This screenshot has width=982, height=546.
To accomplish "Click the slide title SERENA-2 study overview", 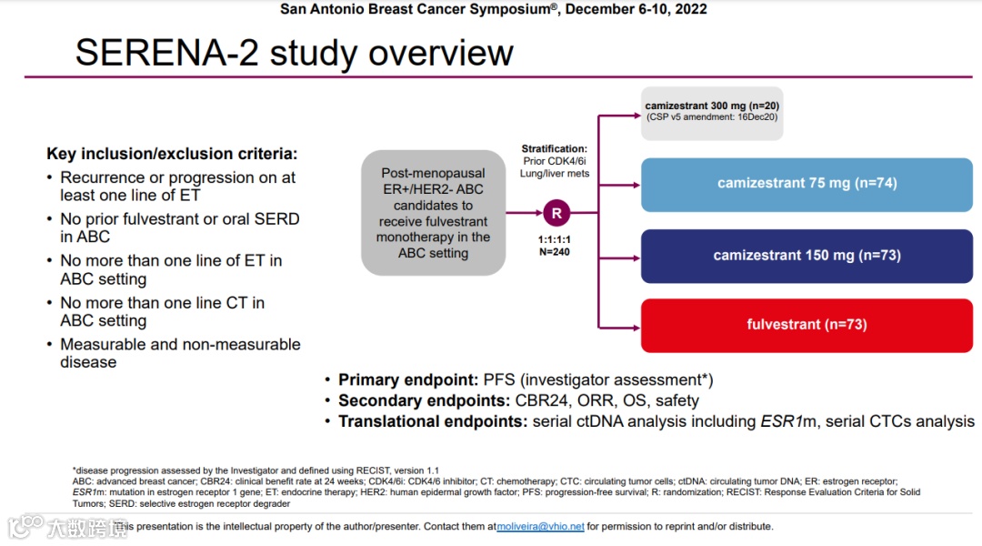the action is (294, 53).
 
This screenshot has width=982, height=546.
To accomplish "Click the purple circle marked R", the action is (556, 214).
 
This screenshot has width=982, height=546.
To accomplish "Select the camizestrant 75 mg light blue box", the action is (807, 184).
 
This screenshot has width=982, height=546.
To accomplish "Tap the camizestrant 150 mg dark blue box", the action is (807, 256).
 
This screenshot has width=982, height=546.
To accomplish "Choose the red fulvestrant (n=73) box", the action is (807, 325).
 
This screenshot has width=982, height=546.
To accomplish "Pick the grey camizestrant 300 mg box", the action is (712, 112).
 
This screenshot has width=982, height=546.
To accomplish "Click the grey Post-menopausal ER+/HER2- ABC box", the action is (433, 213).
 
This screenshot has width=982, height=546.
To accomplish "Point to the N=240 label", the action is (555, 252).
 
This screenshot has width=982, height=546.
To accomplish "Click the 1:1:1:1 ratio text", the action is (555, 239).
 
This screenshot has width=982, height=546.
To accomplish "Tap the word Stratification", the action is (555, 148).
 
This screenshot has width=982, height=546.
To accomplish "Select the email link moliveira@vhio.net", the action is (540, 526).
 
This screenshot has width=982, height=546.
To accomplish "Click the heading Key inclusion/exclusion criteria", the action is (172, 154).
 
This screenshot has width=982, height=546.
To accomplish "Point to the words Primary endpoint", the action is (406, 380).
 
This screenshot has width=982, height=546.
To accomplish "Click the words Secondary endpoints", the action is (422, 400).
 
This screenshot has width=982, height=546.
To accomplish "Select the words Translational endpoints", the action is (433, 421).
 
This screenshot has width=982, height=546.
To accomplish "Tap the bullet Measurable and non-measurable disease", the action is (180, 353).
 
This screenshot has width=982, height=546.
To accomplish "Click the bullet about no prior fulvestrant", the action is (179, 227).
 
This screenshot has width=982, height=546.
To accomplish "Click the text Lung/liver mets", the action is (555, 174).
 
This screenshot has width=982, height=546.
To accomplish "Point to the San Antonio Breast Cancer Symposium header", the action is (494, 9).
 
